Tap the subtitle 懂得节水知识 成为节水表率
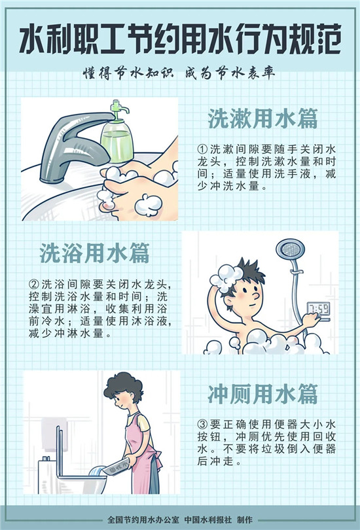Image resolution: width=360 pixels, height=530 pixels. point(179,73)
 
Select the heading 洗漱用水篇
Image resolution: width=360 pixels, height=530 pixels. point(262,118)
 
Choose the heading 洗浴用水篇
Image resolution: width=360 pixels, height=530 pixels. point(94,253)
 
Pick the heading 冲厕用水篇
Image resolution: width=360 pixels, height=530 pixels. point(262,394)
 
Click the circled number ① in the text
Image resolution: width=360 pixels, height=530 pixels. point(202,149)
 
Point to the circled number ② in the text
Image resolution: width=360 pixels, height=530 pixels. point(34,284)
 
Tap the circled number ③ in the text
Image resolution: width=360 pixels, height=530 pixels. point(202,424)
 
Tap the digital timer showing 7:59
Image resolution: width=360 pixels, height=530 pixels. point(319,309)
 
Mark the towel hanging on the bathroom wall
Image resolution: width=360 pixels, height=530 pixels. point(54,434)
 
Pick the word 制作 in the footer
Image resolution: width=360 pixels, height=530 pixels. point(245,520)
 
